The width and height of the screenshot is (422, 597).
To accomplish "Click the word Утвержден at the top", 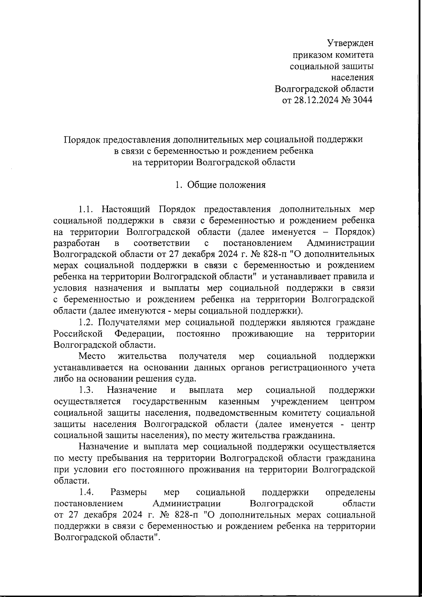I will click(x=350, y=43).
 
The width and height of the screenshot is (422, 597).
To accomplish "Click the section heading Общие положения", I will click(x=226, y=185).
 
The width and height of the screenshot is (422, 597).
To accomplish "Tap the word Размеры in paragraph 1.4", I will click(x=129, y=492).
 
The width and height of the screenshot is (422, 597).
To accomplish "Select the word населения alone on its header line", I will click(x=353, y=77).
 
